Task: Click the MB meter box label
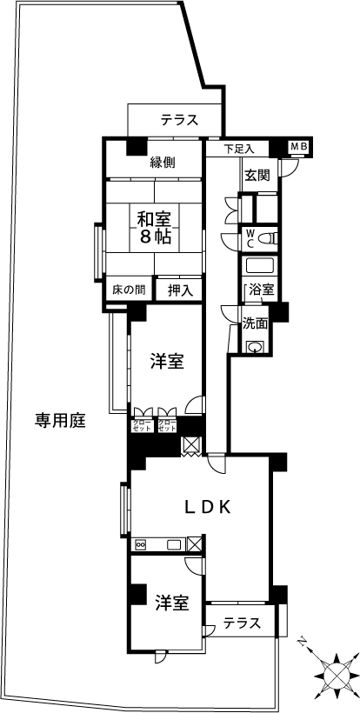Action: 299,146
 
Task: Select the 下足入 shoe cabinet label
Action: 239,149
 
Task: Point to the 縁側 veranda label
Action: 163,162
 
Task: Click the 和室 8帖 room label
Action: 155,229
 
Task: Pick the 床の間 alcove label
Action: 129,290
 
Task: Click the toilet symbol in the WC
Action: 270,238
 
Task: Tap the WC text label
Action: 250,238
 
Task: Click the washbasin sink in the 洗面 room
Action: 256,348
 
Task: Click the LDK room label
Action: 207,507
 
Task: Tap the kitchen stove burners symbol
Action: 140,544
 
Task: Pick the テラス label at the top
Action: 179,120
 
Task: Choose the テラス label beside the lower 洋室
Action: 243,623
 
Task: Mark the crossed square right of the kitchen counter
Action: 194,544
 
